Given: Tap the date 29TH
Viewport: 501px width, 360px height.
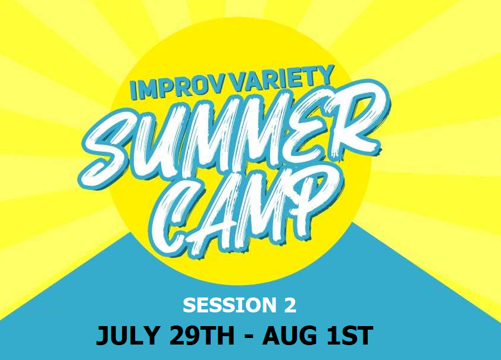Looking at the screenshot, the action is [202, 336].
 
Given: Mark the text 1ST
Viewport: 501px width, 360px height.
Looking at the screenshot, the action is [349, 336].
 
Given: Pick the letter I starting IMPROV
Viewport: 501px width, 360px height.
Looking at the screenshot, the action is [133, 91].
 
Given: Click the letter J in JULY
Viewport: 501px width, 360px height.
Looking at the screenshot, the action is [102, 336].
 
